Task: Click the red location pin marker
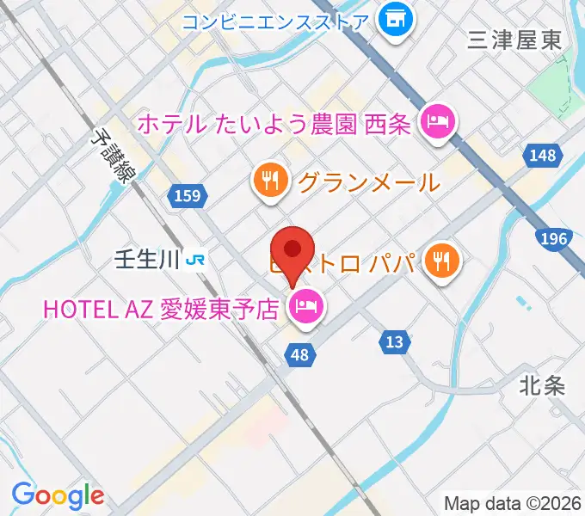(292, 251)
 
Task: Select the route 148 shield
(543, 155)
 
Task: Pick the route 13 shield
(394, 342)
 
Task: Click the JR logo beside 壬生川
(198, 259)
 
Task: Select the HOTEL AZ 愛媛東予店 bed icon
(306, 306)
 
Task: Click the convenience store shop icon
(396, 18)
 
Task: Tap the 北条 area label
(543, 384)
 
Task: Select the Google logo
(57, 494)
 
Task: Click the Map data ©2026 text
(513, 503)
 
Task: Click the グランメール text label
(368, 181)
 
